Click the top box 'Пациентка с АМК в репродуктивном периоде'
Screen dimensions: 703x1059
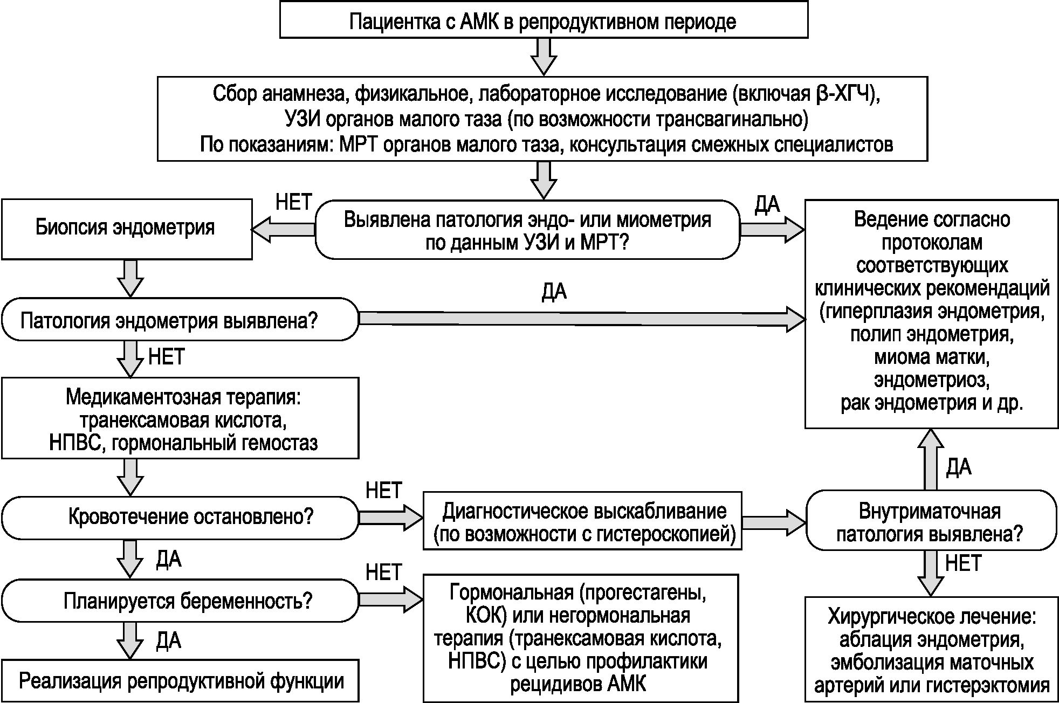[544, 20]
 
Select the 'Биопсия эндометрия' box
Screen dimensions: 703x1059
[126, 229]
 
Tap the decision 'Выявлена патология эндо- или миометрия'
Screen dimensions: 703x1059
[527, 231]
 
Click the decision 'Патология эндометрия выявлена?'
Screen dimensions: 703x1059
[180, 320]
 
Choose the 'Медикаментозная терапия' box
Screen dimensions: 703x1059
[180, 418]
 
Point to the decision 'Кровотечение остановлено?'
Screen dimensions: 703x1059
[180, 518]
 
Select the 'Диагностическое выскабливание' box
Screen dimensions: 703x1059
[582, 521]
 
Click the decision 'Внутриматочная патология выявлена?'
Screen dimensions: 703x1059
[931, 521]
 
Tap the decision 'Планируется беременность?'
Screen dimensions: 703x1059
[180, 601]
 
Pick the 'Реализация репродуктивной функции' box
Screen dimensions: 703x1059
[180, 681]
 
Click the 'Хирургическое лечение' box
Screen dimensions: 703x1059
[931, 651]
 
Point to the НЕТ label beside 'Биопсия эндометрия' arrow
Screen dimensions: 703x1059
[293, 202]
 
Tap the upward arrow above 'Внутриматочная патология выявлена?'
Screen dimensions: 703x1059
[931, 458]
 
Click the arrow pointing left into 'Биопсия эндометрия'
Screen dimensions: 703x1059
[284, 230]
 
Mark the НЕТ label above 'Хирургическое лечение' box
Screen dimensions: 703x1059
[963, 563]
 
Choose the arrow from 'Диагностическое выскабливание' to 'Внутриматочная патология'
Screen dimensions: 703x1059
[773, 521]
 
